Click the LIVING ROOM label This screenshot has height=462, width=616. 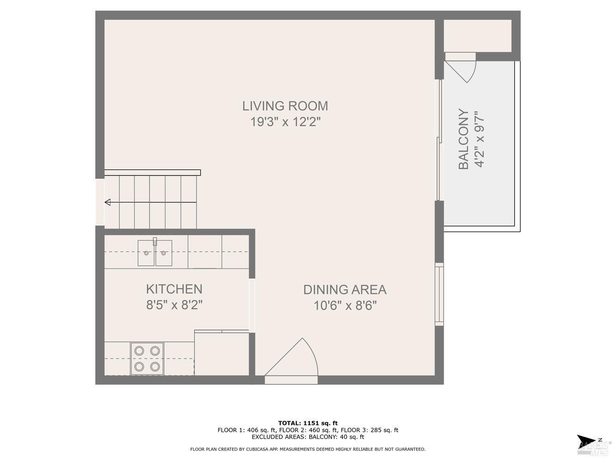[x=285, y=106]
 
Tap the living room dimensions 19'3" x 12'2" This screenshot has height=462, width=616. [x=285, y=122]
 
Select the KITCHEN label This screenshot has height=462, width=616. [x=174, y=289]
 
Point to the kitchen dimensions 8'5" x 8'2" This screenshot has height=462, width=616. [x=174, y=305]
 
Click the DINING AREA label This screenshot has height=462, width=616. [x=345, y=290]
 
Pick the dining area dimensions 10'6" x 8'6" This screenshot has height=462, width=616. [x=345, y=305]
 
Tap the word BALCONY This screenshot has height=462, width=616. [x=464, y=139]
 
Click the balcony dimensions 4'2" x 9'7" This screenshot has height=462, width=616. [x=479, y=139]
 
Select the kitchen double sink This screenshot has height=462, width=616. [x=155, y=253]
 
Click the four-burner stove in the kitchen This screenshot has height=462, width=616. [x=147, y=359]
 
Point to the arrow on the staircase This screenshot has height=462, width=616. [x=108, y=202]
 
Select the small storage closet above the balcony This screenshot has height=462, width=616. [x=477, y=36]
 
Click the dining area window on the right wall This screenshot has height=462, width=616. [x=439, y=294]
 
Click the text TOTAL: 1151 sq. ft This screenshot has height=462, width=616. [x=308, y=423]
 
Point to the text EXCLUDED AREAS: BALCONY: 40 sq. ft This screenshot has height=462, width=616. [x=308, y=437]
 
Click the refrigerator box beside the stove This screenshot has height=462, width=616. [x=222, y=353]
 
